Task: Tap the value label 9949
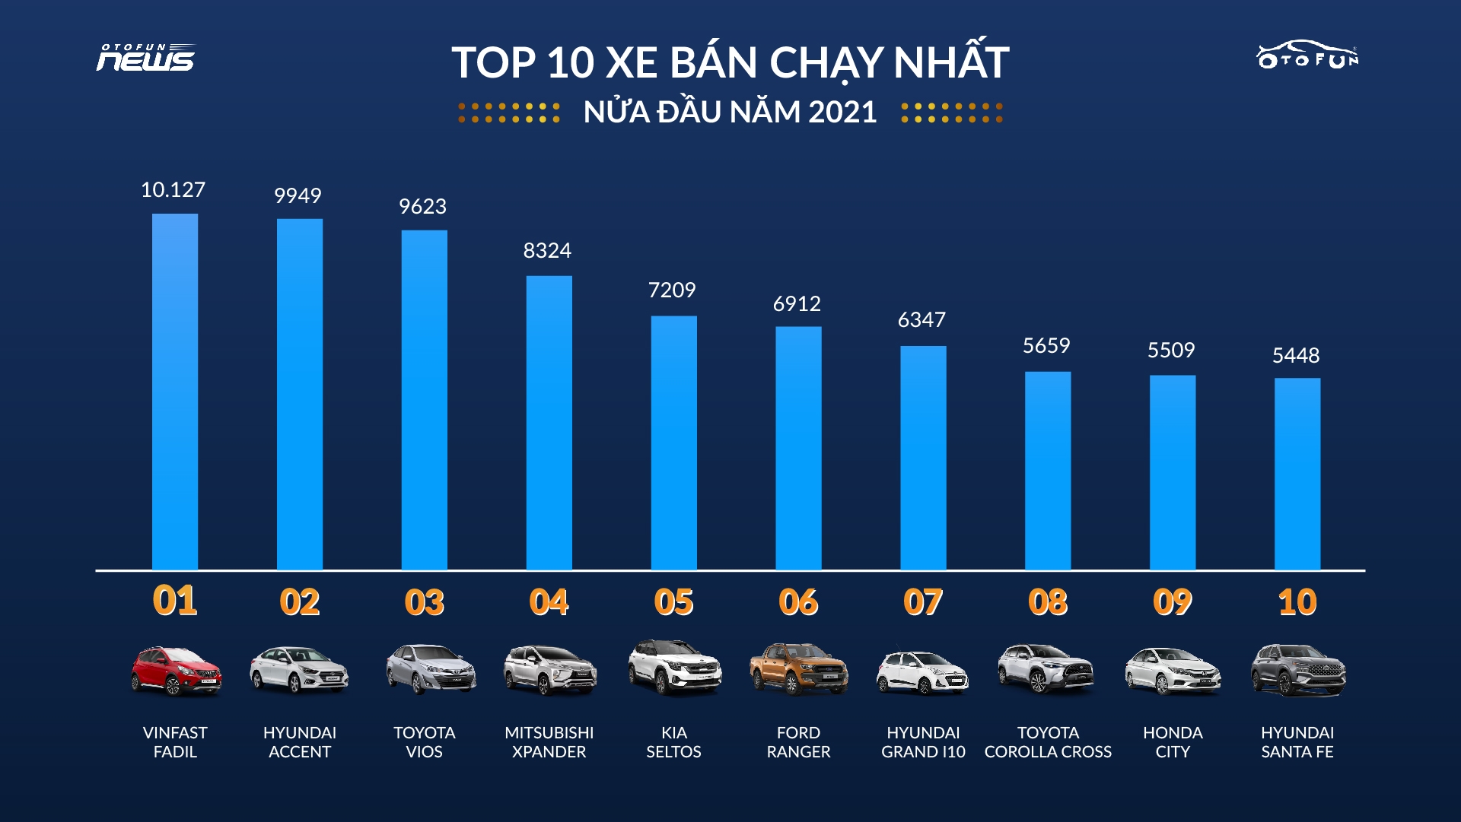298,196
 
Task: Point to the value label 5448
1296,356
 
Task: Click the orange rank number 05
673,602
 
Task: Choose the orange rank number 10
1297,602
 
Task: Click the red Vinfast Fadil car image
176,671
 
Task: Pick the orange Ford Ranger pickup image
798,669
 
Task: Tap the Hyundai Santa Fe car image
1297,671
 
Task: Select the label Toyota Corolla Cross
1048,742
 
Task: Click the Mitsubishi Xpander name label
549,742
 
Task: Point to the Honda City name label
1173,742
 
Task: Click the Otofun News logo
145,58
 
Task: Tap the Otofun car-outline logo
1307,55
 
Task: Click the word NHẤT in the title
950,62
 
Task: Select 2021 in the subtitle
842,113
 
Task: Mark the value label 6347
921,320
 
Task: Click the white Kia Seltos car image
674,668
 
